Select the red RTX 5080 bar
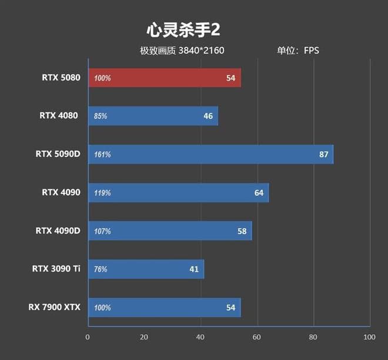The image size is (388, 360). [165, 78]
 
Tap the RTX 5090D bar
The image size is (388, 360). [210, 154]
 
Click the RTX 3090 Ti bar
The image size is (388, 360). [146, 269]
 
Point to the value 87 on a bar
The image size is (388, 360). [323, 154]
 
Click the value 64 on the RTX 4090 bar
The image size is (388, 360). [259, 192]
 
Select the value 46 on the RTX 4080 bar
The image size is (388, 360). [208, 116]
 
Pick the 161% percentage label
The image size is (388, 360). [102, 155]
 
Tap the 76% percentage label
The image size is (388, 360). [101, 269]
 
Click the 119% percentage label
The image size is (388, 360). [102, 193]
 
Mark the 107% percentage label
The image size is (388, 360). [102, 231]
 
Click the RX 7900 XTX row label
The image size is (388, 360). [54, 307]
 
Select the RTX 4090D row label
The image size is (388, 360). [58, 231]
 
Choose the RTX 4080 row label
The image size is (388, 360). [59, 115]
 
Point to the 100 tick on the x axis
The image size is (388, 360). [369, 337]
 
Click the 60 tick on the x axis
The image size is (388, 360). [256, 337]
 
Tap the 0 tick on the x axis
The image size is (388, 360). [88, 337]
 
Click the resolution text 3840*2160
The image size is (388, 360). [201, 51]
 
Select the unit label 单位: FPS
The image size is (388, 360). [298, 51]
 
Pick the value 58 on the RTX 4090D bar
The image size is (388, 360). [242, 231]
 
